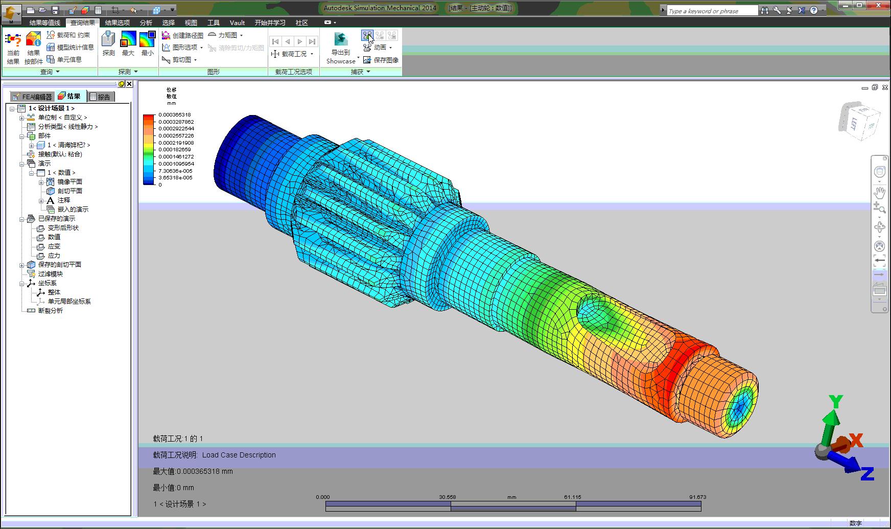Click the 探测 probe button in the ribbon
point(108,43)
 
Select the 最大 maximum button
point(128,43)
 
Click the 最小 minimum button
point(147,43)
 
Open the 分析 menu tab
point(146,22)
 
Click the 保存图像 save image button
point(381,60)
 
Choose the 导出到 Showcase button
point(341,49)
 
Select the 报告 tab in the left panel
point(101,97)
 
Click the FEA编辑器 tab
point(33,97)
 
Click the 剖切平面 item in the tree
point(69,191)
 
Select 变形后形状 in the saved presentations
point(63,228)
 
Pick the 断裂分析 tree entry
point(50,311)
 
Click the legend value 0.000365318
point(174,115)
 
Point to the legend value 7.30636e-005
point(175,171)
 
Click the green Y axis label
point(835,402)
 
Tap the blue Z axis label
point(867,474)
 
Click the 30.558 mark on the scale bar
point(448,497)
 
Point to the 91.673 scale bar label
point(697,497)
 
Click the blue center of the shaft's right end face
point(738,409)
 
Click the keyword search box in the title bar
point(712,11)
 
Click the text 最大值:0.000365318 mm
point(193,471)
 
